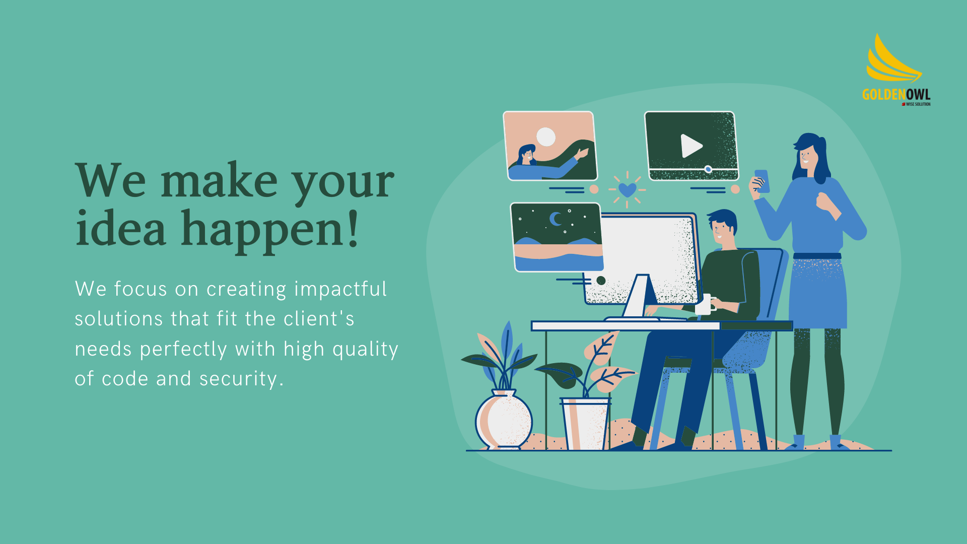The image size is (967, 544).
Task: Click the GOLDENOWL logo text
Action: (x=896, y=95)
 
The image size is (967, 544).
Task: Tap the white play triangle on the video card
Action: (x=691, y=146)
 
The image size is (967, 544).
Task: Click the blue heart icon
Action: (x=627, y=190)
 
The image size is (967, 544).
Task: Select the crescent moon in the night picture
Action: (x=556, y=219)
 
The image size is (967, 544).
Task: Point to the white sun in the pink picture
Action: (x=546, y=137)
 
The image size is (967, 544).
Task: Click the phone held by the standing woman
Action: (x=763, y=181)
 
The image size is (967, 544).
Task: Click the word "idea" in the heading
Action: (x=120, y=228)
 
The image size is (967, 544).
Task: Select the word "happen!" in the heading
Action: (x=270, y=231)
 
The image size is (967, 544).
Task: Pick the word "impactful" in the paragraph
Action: (x=340, y=290)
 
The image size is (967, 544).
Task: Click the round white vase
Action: (x=504, y=419)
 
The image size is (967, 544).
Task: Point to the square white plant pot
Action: (x=586, y=424)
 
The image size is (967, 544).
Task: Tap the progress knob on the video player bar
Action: (x=708, y=169)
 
